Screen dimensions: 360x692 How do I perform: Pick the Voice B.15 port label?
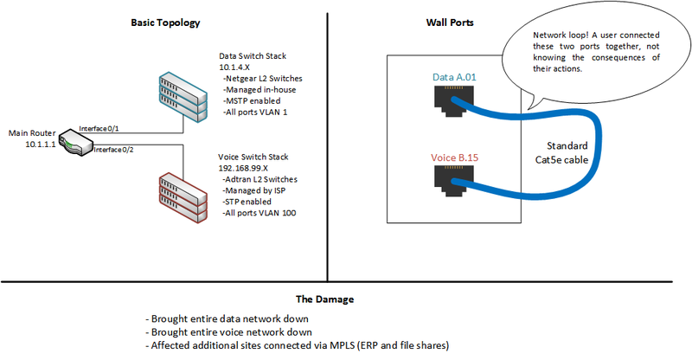(x=454, y=158)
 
